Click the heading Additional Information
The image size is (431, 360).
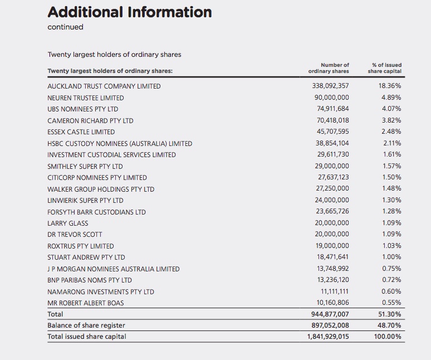pos(129,12)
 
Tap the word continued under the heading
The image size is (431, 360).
pos(65,27)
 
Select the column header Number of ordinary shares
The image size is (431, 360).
pos(329,68)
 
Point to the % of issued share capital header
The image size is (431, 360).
pos(385,68)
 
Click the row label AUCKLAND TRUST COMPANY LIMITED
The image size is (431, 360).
pos(104,86)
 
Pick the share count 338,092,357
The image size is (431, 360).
pos(330,86)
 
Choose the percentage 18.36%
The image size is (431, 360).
pos(390,86)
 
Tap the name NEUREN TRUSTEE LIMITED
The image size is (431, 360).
pos(86,98)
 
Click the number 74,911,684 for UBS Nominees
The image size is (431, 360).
pos(332,109)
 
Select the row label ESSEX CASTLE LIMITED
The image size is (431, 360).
pos(81,132)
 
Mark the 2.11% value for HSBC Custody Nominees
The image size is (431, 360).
pos(392,143)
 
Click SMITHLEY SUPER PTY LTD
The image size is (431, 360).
pos(85,167)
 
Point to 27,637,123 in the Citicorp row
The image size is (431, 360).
pos(334,177)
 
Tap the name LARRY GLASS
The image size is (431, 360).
pos(67,223)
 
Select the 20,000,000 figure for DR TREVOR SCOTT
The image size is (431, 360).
pos(332,234)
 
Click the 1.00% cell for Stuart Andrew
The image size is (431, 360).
pos(391,257)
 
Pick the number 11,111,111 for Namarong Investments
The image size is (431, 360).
pos(335,291)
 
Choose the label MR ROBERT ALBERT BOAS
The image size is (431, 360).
pos(86,303)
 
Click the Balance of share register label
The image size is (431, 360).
pos(86,325)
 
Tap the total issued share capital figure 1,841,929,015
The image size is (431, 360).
pos(328,337)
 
